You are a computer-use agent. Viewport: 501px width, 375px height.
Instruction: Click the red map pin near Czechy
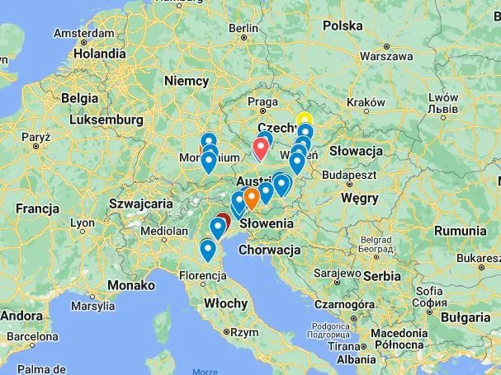point(262,148)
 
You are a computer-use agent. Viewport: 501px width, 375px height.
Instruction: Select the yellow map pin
point(304,120)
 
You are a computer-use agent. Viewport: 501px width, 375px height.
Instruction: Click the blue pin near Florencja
point(208,248)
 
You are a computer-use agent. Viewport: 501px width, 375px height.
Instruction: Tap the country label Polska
point(342,26)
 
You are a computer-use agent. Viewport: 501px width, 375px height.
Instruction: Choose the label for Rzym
point(244,333)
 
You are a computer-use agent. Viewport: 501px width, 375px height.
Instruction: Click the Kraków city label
point(366,102)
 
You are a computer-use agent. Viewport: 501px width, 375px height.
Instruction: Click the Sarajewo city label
point(336,272)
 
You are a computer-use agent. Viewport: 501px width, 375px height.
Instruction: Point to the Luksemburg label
point(106,120)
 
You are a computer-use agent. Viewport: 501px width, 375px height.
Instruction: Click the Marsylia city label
point(92,306)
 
